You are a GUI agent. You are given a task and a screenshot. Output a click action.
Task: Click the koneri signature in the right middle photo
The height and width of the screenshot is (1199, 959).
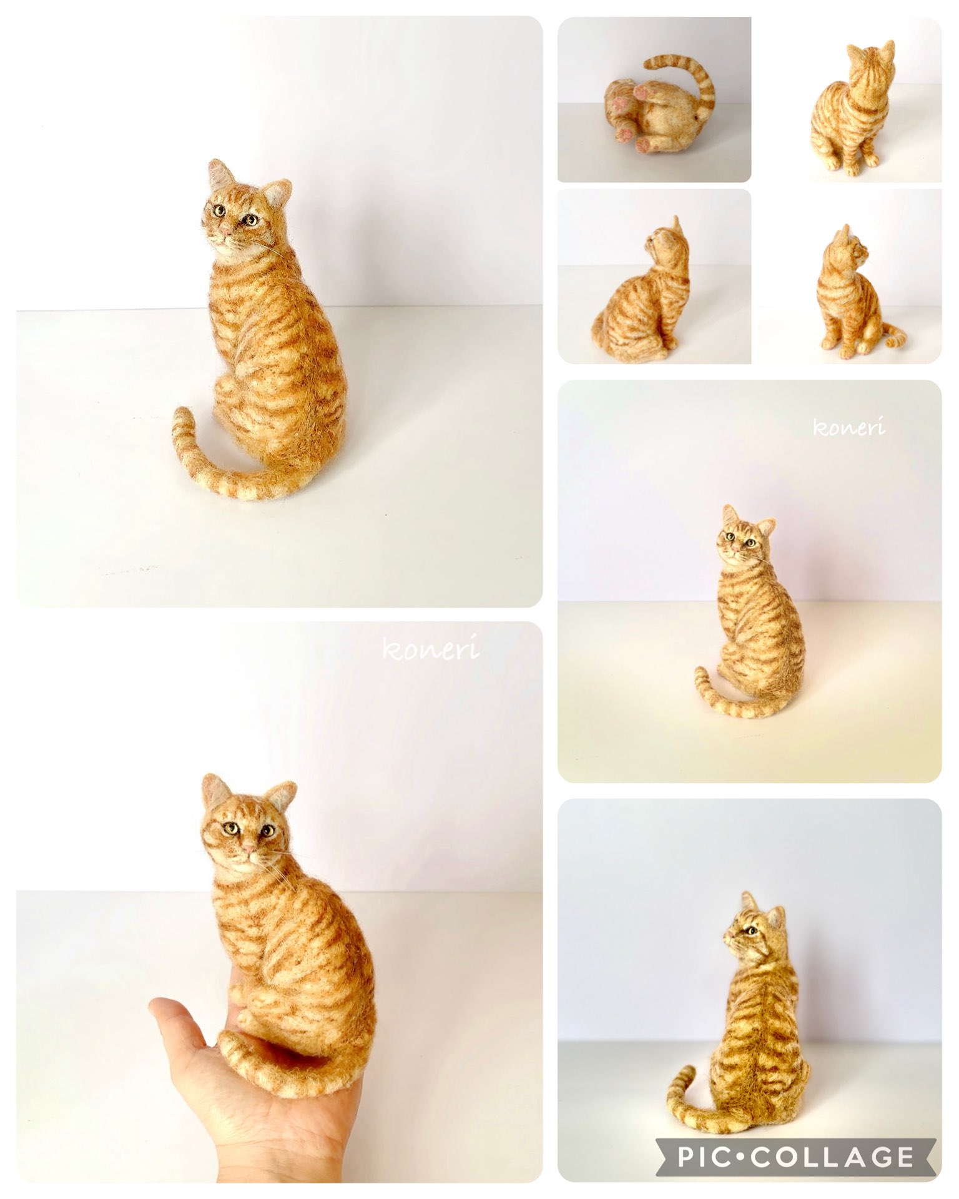[x=848, y=427]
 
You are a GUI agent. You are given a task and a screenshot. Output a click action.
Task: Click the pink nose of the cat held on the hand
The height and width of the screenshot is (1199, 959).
[x=248, y=849]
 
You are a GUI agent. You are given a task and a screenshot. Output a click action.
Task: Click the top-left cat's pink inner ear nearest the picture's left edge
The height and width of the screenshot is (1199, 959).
[x=217, y=174]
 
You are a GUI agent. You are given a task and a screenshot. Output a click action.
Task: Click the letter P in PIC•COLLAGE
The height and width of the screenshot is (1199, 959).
[x=687, y=1157]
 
